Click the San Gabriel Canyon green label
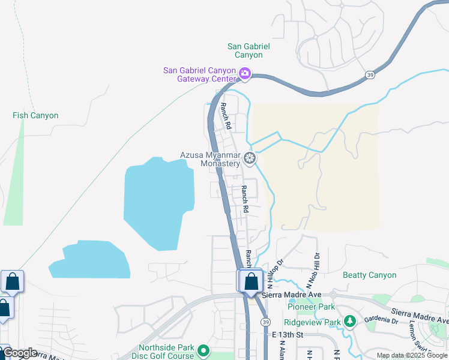point(249,50)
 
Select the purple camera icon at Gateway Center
point(245,74)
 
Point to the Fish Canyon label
point(35,115)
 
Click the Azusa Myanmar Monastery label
point(210,159)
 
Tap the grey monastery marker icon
point(250,159)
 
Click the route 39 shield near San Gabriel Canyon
point(370,74)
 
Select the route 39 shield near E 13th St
point(265,322)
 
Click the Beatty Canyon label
point(369,275)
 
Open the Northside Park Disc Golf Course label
point(166,352)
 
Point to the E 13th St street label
point(288,334)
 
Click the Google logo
point(19,353)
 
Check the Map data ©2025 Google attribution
point(412,355)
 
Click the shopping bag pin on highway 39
point(253,281)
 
